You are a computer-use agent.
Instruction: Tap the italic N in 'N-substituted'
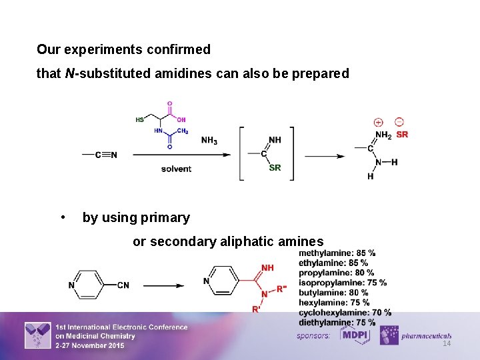point(69,74)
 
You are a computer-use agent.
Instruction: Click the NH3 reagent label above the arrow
point(209,141)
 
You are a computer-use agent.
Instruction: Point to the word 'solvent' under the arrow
point(176,169)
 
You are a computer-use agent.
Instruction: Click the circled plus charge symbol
point(378,123)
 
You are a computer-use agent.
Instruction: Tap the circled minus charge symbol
point(399,122)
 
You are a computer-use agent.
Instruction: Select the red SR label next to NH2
point(402,135)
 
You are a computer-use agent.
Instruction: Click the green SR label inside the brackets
point(275,168)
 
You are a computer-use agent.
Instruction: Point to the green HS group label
point(140,120)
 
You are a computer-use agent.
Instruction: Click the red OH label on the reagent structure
point(181,120)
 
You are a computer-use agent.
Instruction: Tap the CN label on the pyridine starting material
point(123,285)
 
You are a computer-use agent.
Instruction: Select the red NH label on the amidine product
point(267,268)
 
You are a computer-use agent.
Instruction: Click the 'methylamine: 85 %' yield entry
point(337,253)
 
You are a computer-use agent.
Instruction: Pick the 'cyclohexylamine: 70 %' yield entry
point(345,313)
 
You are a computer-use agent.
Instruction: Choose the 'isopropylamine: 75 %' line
point(342,283)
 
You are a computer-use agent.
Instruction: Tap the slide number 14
point(447,343)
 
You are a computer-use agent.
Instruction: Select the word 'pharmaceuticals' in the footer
point(427,336)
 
